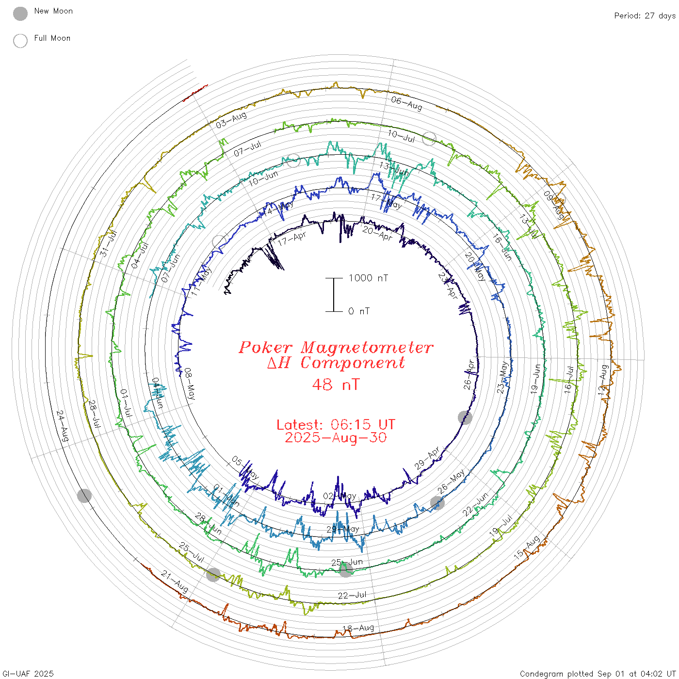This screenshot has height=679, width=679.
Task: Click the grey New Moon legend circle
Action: (x=20, y=14)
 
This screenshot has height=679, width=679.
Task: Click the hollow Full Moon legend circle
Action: (x=20, y=41)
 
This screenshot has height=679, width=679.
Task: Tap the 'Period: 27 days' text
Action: (x=645, y=16)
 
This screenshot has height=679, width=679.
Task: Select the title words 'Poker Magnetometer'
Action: (x=336, y=347)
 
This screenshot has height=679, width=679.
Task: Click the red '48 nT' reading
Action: (x=336, y=385)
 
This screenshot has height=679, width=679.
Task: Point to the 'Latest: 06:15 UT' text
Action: (x=336, y=424)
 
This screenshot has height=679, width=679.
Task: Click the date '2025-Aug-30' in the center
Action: (x=336, y=437)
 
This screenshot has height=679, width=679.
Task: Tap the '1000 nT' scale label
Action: (x=368, y=278)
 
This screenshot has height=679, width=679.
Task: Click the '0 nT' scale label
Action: (x=359, y=311)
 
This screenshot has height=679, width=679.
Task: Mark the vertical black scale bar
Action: (x=334, y=294)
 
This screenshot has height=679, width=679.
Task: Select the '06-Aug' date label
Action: (x=406, y=103)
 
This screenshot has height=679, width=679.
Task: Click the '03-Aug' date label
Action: (x=231, y=120)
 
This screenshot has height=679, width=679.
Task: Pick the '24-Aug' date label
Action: (x=63, y=426)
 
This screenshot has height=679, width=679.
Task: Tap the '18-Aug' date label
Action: (x=358, y=629)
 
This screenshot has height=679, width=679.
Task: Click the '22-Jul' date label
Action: (x=352, y=595)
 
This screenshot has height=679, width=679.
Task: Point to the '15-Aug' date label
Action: (x=527, y=547)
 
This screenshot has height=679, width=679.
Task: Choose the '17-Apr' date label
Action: (x=291, y=238)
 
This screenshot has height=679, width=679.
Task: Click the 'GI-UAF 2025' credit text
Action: (x=28, y=674)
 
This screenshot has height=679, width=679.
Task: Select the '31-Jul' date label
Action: (x=109, y=243)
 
